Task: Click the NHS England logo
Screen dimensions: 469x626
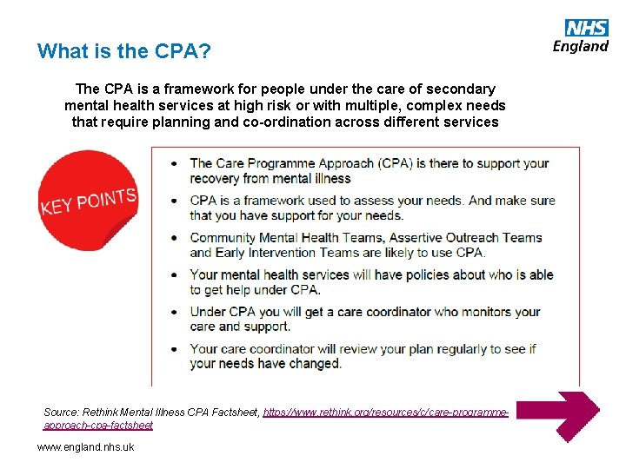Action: [x=581, y=36]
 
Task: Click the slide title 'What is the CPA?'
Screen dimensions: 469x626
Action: [x=123, y=51]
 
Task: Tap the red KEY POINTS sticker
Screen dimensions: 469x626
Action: [x=87, y=201]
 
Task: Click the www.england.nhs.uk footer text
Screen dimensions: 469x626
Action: [x=85, y=447]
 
